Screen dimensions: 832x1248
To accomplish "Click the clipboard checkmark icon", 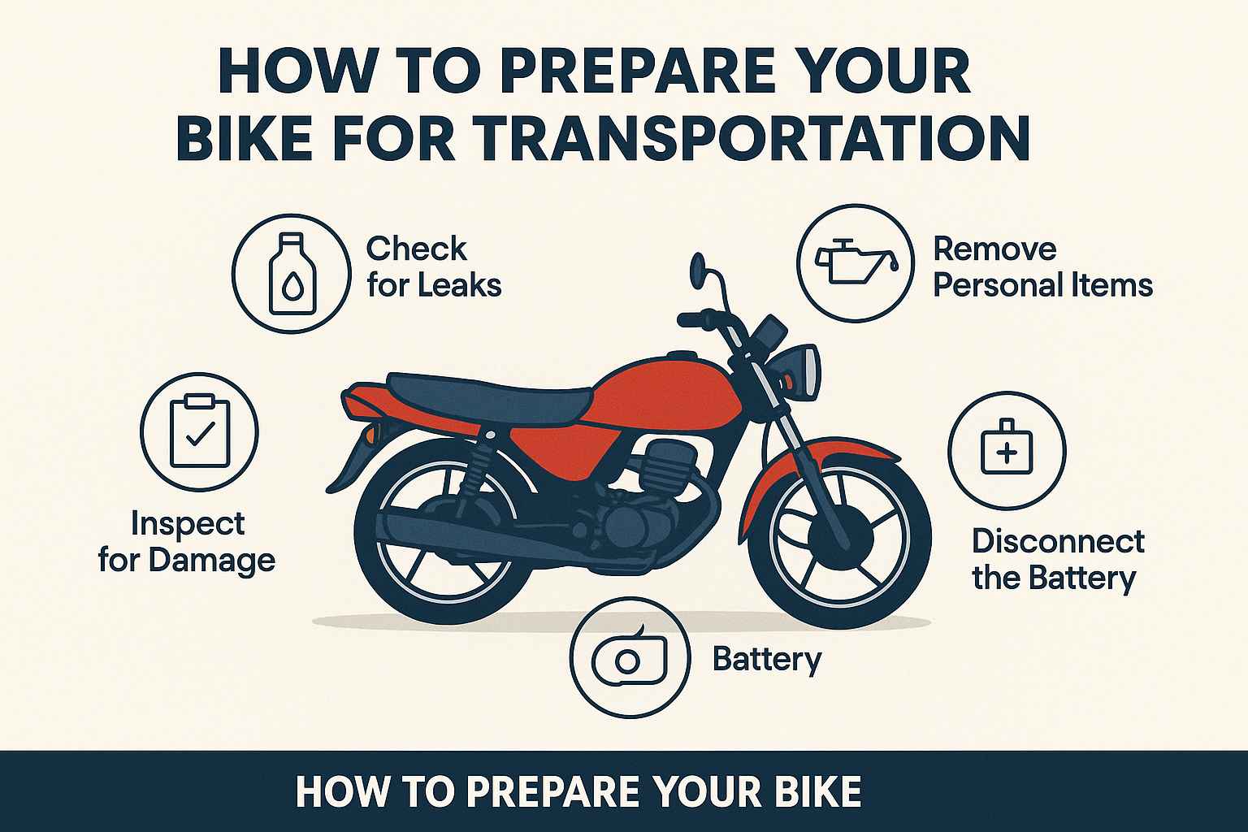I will click(199, 431).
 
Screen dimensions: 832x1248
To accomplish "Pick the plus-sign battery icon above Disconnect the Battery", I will click(1007, 448).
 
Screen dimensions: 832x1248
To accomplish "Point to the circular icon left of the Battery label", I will click(630, 658).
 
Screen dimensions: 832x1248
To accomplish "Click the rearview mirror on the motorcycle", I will click(696, 266).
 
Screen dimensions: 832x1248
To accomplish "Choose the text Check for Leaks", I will click(433, 266).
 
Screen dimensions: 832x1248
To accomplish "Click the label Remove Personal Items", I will click(1042, 266).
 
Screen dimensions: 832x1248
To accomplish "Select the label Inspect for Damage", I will click(187, 542).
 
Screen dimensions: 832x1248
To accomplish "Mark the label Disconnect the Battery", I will click(1058, 559).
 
